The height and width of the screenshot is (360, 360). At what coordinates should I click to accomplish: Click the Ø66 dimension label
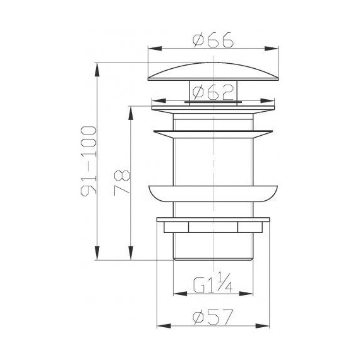213,40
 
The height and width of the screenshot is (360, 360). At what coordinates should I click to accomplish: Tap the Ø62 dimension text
213,92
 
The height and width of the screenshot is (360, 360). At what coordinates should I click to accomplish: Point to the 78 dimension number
122,183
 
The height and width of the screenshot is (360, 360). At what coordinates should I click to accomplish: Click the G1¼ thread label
213,283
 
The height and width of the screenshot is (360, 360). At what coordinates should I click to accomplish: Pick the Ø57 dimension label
213,317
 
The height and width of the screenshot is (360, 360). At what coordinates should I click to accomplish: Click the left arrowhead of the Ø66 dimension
155,49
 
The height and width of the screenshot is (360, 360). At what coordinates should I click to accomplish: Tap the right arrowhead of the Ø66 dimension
272,49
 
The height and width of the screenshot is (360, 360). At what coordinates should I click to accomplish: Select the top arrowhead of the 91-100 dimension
97,69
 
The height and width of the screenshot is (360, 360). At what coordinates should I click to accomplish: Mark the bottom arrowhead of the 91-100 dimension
97,253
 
